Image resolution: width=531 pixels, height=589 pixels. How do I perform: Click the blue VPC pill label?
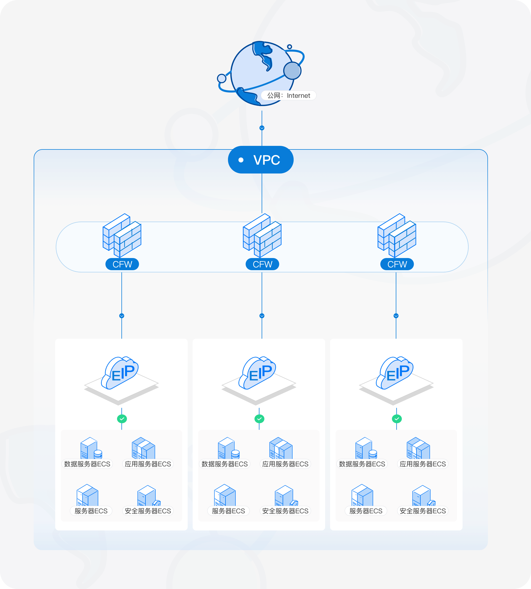(x=261, y=160)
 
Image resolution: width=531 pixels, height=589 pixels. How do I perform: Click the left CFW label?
(x=122, y=264)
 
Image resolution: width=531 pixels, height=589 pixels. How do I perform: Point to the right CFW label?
(x=397, y=264)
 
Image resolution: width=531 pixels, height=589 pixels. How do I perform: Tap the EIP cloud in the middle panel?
(x=257, y=373)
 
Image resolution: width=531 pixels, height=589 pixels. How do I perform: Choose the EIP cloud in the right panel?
(x=395, y=373)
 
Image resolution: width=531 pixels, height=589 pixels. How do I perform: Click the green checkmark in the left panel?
(x=122, y=419)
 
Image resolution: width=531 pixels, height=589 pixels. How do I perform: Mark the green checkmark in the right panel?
(x=397, y=419)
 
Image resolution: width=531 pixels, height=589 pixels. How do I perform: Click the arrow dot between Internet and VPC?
(x=262, y=128)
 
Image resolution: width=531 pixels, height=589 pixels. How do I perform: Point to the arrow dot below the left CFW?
(x=122, y=316)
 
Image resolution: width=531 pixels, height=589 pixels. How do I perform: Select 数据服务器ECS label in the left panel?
(x=87, y=464)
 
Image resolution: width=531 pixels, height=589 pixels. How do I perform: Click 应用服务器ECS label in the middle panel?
(x=285, y=464)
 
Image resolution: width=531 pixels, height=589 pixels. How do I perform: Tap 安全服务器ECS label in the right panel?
(x=423, y=511)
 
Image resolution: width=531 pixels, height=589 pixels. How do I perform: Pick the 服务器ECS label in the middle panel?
(x=228, y=511)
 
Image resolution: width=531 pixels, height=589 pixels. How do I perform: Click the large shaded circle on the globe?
(x=292, y=71)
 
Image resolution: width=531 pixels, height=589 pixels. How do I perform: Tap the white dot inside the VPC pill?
(x=241, y=160)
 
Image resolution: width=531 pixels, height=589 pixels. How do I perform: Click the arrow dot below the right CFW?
(x=396, y=316)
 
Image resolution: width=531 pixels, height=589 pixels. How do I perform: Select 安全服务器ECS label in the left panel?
(x=148, y=511)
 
